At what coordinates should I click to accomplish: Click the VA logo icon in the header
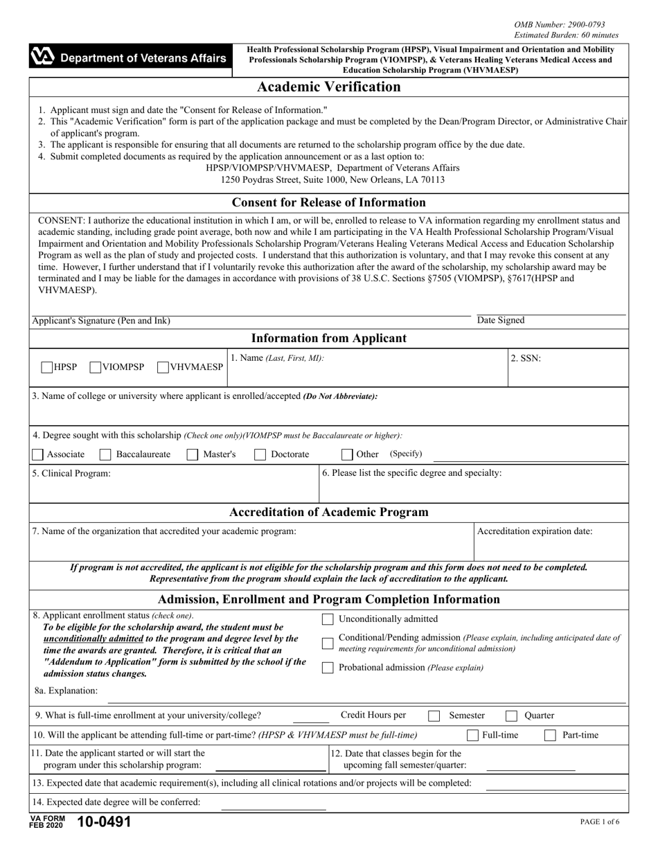coord(43,58)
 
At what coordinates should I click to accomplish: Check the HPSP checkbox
coord(47,367)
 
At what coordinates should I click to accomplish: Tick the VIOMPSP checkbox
coord(96,367)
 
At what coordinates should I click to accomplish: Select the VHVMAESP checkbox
coord(163,367)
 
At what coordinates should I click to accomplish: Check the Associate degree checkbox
coord(38,455)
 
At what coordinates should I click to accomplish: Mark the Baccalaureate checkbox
coord(105,455)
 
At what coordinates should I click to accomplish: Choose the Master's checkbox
coord(193,455)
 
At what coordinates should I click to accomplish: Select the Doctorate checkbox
coord(260,455)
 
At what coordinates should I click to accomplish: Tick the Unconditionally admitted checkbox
coord(329,619)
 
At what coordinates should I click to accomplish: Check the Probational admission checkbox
coord(329,668)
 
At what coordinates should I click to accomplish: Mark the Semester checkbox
coord(434,716)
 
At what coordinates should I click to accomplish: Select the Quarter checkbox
coord(512,716)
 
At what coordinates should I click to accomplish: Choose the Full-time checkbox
coord(473,736)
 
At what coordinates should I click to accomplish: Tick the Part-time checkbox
coord(551,736)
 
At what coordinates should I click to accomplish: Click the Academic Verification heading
coord(329,87)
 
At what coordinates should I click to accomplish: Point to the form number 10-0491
coord(104,822)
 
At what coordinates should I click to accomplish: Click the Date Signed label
coord(501,321)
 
